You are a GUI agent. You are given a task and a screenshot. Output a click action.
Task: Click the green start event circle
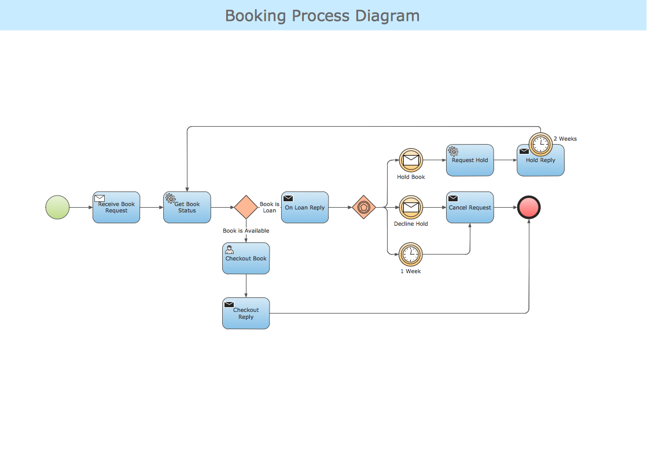coord(57,207)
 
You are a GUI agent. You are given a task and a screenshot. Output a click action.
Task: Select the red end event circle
coord(529,207)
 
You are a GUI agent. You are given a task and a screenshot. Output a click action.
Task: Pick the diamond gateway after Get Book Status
coord(246,207)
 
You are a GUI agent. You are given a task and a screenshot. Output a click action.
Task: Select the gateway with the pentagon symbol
coord(364,207)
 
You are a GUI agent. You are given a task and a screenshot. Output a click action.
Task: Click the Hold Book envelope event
coord(411,160)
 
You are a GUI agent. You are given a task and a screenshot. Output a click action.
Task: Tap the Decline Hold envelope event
coord(411,207)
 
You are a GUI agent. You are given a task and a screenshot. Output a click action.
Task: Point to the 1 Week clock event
coord(411,254)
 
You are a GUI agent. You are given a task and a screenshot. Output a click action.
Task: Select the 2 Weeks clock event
coord(540,143)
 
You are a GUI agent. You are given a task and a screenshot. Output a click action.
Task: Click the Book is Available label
coord(246,231)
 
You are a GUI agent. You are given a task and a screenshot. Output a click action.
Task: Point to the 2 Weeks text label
coord(565,139)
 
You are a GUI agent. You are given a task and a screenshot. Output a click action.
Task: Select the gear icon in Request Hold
coord(453,152)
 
